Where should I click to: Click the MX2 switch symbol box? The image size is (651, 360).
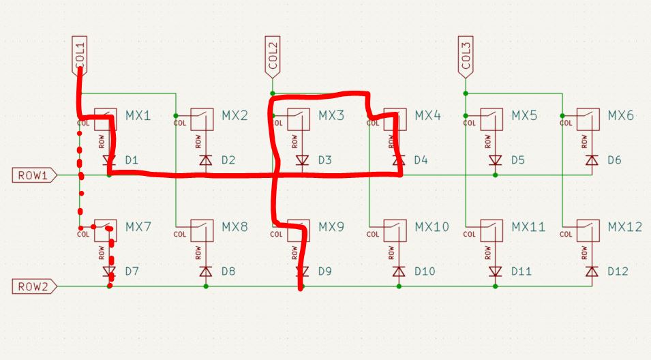point(203,119)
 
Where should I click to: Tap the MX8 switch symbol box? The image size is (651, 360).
point(203,230)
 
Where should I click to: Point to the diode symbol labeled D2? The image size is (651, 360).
point(205,161)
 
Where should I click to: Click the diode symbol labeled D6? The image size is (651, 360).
point(592,161)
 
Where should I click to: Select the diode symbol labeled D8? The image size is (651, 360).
point(205,272)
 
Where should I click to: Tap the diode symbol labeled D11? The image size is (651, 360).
point(496,272)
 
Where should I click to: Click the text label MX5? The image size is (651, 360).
point(524,116)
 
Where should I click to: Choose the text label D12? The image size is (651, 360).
point(618,272)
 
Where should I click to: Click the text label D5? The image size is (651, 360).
point(518,161)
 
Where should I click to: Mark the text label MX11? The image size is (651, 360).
point(528,227)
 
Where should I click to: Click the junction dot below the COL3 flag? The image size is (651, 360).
point(466,93)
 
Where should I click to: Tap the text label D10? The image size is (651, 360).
point(425,272)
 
